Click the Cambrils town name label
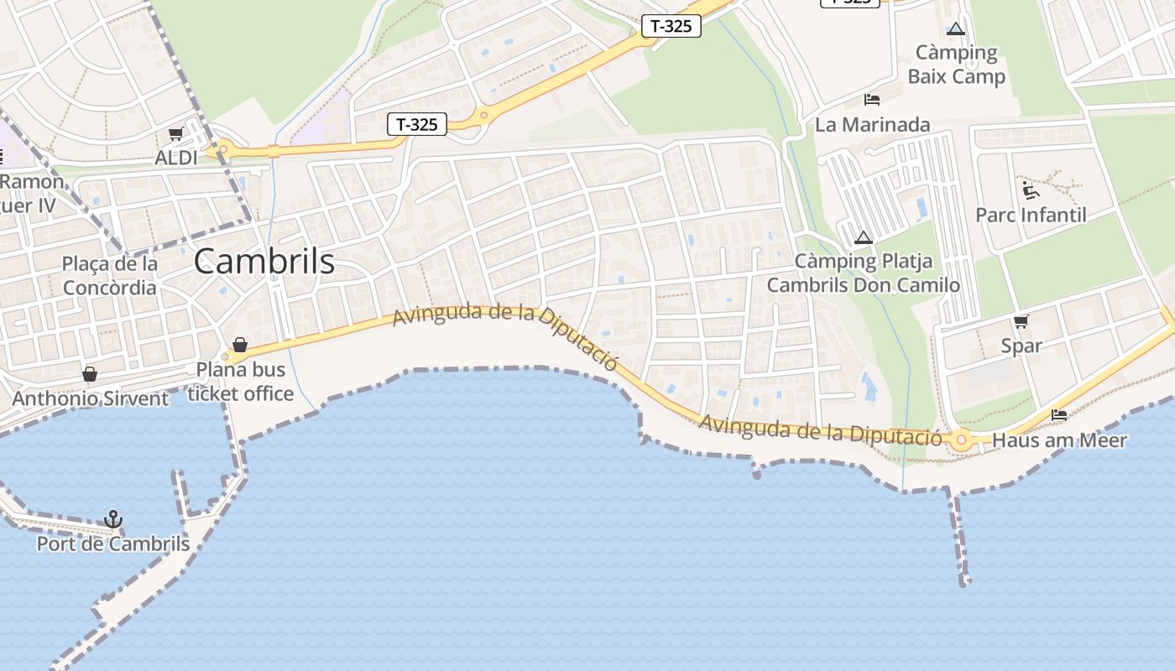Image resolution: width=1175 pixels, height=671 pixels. point(264,262)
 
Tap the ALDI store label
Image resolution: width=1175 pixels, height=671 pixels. point(176,158)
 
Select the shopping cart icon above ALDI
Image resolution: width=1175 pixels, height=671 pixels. point(176,134)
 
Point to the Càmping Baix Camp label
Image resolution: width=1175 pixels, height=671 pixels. point(956,65)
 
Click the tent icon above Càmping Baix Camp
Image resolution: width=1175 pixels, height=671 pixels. point(956,29)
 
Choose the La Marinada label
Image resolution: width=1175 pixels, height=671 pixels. point(873,125)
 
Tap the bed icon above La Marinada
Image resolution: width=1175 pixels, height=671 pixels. point(872,100)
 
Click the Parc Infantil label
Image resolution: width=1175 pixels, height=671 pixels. point(1031,215)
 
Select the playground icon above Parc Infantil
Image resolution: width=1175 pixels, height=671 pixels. point(1031,190)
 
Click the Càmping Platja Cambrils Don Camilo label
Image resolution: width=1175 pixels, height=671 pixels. point(864,273)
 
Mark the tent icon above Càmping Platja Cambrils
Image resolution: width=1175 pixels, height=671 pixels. point(864,237)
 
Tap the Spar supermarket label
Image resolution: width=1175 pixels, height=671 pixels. point(1021,346)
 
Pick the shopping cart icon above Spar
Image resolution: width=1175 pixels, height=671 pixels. point(1021,321)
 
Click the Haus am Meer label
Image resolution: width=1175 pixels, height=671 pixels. point(1059,440)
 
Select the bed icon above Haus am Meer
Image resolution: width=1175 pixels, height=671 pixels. point(1059,415)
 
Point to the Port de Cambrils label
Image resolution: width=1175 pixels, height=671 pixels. point(113,544)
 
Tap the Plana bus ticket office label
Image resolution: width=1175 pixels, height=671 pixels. point(241,382)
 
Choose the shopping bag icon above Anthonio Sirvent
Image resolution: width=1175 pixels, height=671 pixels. point(90,374)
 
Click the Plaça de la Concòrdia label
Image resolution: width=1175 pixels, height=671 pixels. point(109,276)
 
